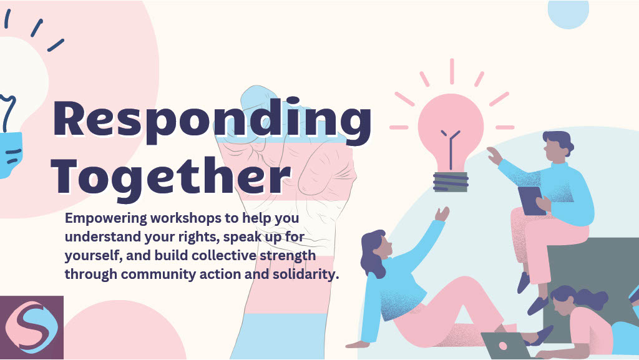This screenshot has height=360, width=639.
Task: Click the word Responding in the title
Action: coord(212,120)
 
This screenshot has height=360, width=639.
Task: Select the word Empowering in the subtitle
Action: coord(106,219)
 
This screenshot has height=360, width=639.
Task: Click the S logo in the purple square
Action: coord(32,327)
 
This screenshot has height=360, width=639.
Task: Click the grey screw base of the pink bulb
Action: coord(451,182)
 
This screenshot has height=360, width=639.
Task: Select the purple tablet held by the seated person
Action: coord(532,200)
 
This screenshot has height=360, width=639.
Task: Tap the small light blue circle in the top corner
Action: coord(568,14)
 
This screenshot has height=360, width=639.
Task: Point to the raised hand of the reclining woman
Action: coord(442,214)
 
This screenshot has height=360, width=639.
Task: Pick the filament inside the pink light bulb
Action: coord(451,148)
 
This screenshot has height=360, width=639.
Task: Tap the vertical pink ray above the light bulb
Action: coord(452,72)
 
